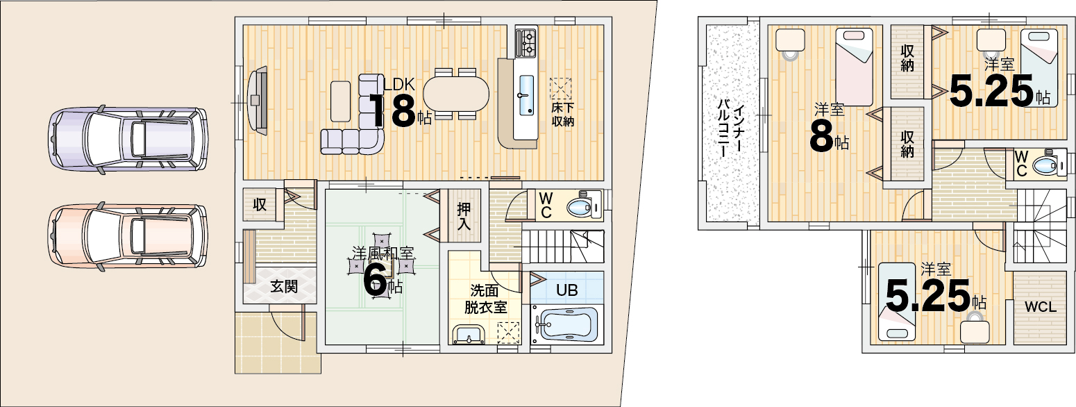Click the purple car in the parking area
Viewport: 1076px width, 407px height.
click(x=128, y=139)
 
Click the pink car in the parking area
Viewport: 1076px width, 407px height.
click(x=128, y=235)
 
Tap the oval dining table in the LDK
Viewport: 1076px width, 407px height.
click(x=456, y=94)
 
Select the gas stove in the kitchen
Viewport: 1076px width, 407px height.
click(x=526, y=42)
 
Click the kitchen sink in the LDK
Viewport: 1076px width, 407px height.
click(x=526, y=94)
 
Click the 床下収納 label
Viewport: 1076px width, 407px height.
click(x=562, y=114)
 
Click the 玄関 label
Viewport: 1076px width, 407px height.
click(x=284, y=287)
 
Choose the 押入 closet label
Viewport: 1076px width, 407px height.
click(x=464, y=216)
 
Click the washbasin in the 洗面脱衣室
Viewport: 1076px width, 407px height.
click(x=469, y=334)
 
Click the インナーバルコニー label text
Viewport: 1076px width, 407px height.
click(x=732, y=129)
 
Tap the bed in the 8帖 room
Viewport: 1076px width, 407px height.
click(x=854, y=67)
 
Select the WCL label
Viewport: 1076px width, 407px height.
click(x=1041, y=307)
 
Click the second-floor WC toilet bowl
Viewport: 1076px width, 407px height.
click(x=1049, y=166)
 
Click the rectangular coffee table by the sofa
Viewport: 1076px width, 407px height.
click(x=341, y=101)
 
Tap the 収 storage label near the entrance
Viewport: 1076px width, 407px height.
click(x=260, y=205)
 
